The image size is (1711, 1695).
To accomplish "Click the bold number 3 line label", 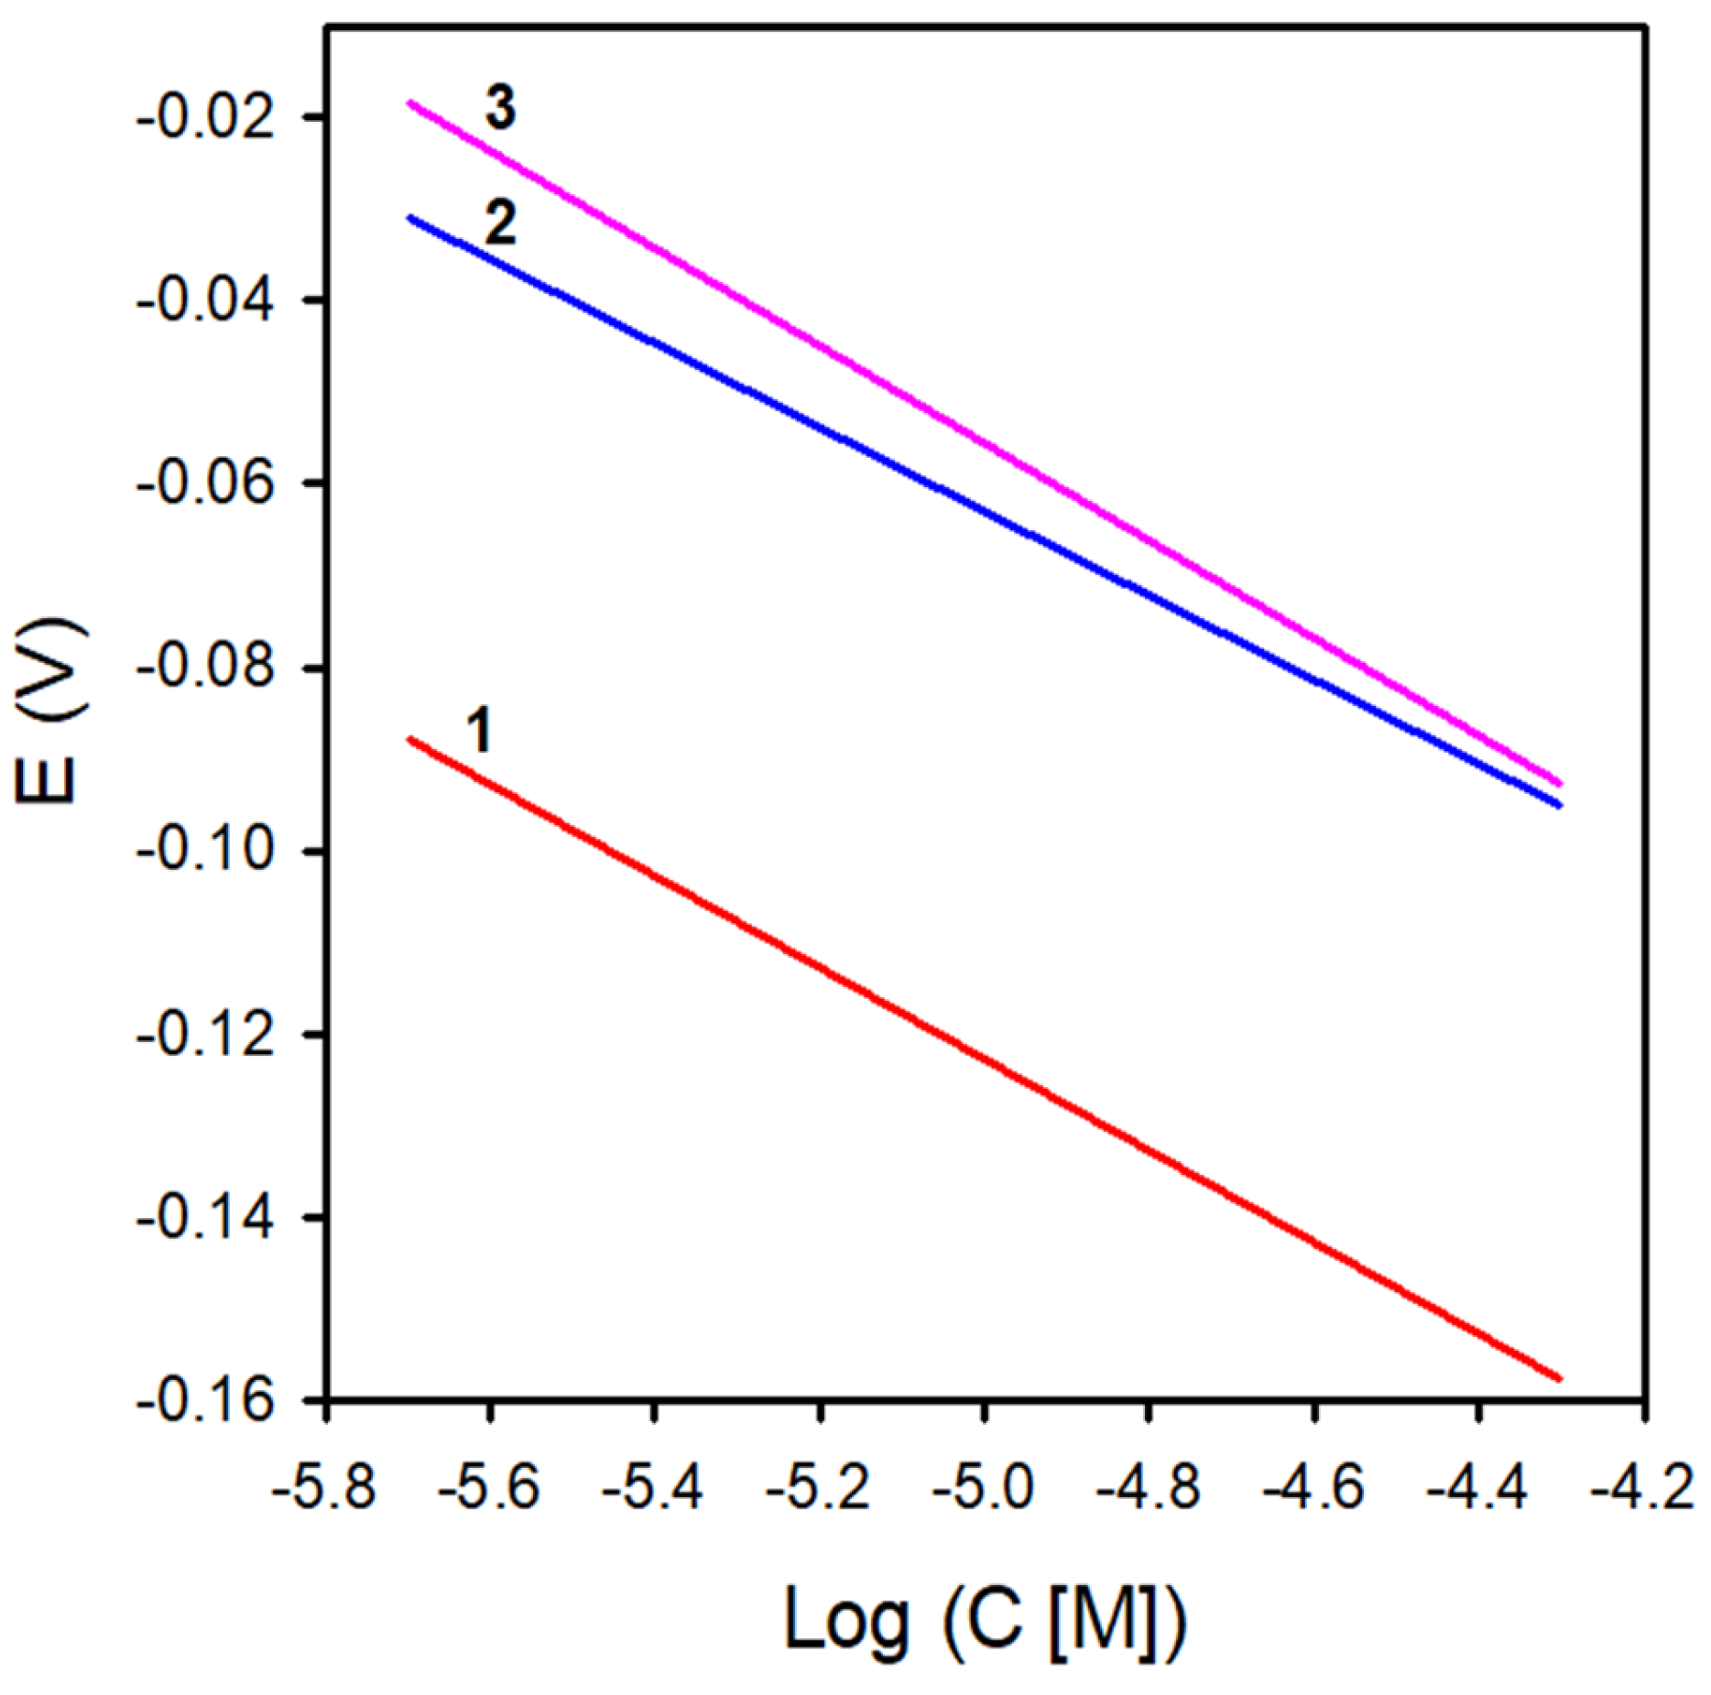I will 500,108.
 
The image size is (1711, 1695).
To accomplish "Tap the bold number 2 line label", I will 500,223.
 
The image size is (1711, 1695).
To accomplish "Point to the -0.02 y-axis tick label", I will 204,119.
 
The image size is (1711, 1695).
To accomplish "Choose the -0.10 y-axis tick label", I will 204,852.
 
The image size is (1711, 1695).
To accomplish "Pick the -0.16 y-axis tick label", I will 204,1401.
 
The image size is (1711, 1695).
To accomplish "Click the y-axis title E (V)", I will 50,712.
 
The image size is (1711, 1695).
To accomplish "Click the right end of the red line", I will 1559,1378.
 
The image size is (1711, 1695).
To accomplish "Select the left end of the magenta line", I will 410,103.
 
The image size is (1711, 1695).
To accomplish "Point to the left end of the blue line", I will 410,218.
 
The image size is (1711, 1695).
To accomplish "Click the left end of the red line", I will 410,738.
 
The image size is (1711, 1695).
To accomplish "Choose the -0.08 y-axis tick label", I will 204,668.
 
